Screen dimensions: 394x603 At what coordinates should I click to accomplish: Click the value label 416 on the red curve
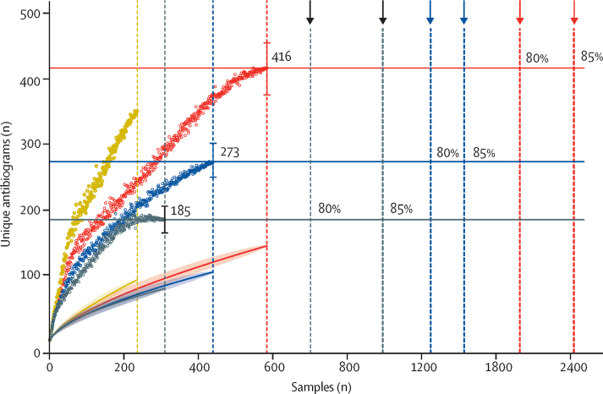point(282,57)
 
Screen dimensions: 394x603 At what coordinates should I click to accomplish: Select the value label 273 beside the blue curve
point(229,152)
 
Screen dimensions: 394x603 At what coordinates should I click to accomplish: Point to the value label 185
point(179,211)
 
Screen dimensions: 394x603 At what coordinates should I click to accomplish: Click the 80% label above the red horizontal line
point(537,58)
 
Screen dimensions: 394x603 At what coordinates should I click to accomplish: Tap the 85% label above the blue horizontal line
point(484,153)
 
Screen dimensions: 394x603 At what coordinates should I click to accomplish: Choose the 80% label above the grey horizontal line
point(328,209)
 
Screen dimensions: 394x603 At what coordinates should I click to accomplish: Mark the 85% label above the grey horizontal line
point(401,209)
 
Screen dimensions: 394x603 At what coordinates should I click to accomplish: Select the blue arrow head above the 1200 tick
point(430,19)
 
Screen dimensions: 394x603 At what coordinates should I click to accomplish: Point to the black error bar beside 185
point(165,219)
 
